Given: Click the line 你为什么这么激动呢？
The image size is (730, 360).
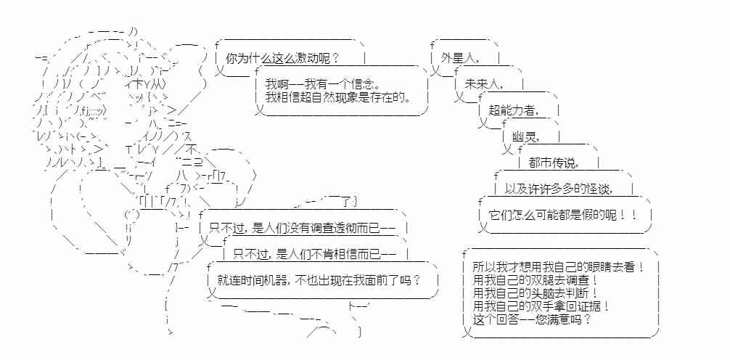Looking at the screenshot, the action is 282,59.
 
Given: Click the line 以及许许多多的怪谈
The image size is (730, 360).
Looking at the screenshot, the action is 559,189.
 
